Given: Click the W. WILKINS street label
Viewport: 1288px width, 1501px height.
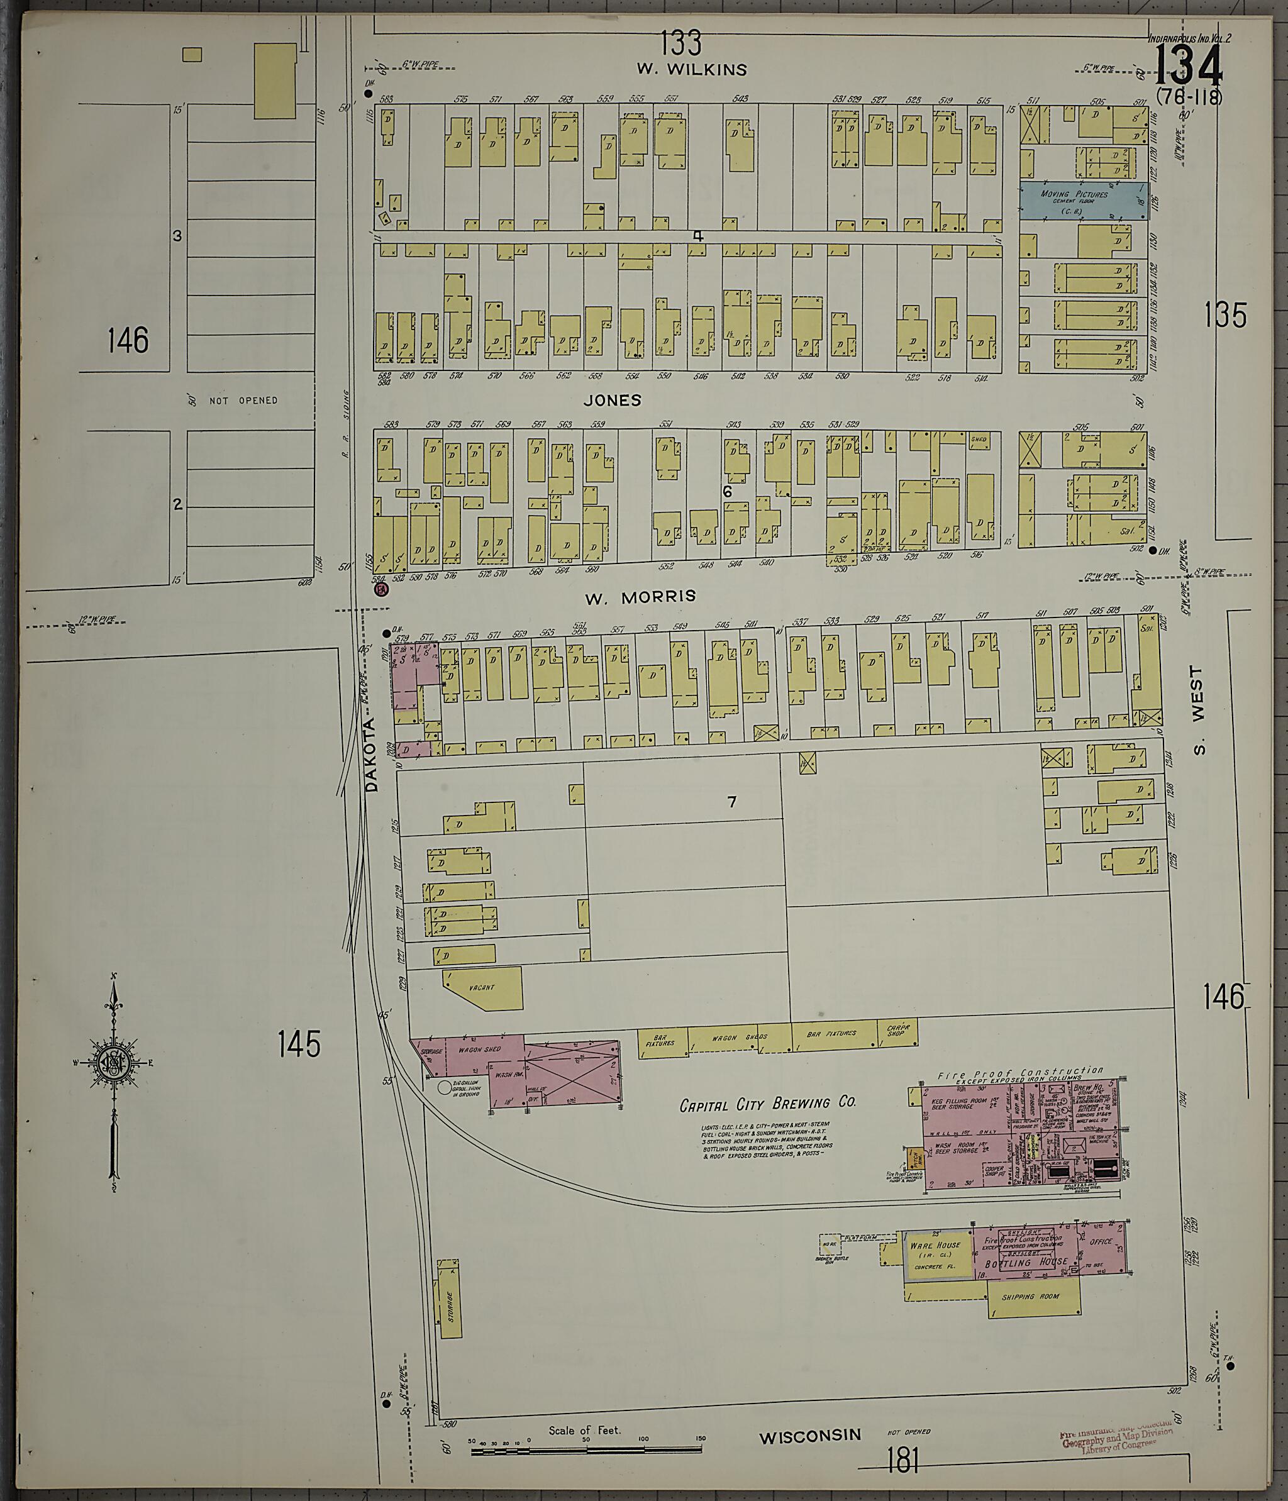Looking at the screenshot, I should pos(691,70).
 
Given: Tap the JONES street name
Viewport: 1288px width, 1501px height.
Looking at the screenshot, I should pos(613,400).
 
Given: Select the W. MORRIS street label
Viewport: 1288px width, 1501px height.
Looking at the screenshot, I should pos(640,596).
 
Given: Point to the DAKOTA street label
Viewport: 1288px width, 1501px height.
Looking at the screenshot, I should pos(372,754).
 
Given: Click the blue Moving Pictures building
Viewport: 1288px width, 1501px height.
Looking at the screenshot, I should pos(1084,201).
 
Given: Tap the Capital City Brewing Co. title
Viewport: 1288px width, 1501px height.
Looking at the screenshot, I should pos(767,1104).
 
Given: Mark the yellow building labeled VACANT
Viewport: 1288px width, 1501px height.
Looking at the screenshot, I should pos(483,987).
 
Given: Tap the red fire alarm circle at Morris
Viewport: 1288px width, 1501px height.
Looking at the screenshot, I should pos(381,590).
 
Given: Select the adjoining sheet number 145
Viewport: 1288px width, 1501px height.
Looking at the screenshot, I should pos(299,1044).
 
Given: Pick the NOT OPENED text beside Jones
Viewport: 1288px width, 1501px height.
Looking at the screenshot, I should pos(243,400).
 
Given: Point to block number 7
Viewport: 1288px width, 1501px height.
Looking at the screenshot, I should pos(731,801).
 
